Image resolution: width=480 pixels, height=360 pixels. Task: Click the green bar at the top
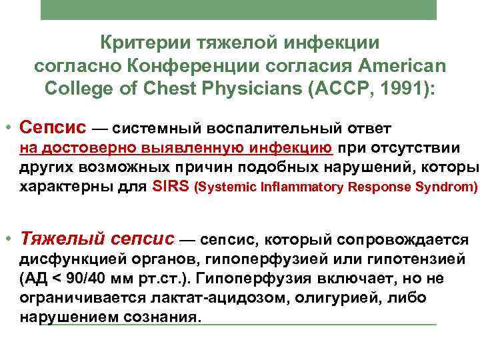coord(238,9)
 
